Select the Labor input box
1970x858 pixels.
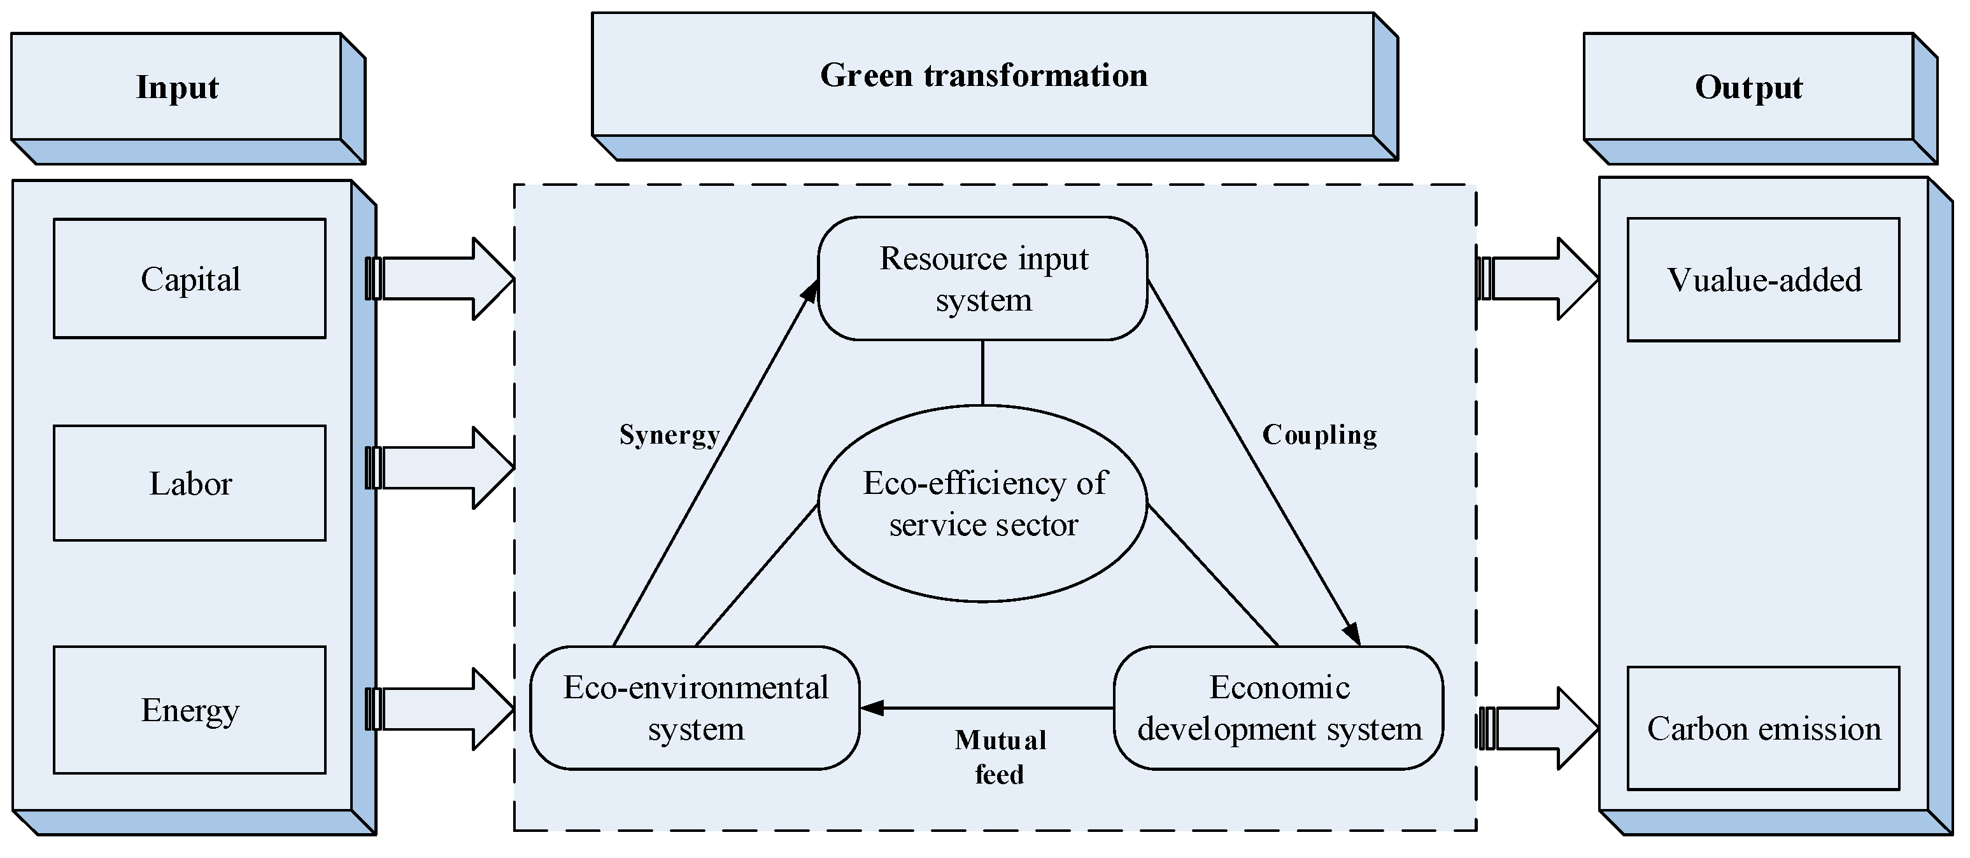point(190,483)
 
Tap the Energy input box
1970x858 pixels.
point(190,710)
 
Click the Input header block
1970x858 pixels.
point(176,87)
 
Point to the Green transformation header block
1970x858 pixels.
point(984,75)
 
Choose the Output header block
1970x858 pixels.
point(1748,87)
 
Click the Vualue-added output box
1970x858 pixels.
point(1764,280)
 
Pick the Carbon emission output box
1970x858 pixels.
point(1764,728)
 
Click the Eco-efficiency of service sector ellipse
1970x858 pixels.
point(982,503)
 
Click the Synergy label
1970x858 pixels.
point(669,434)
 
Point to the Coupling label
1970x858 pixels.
point(1319,434)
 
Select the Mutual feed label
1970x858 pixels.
point(1000,757)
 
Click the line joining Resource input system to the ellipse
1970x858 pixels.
point(982,372)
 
